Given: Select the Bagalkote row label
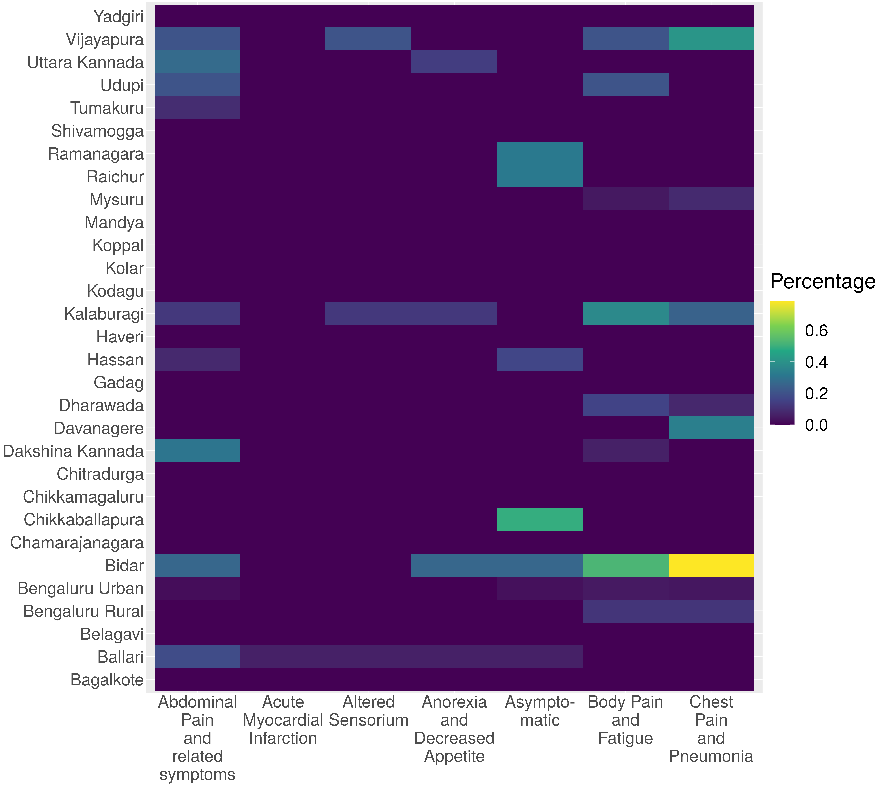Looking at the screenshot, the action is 107,680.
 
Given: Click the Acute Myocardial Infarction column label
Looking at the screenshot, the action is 283,720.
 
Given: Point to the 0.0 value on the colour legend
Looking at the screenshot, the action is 816,425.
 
